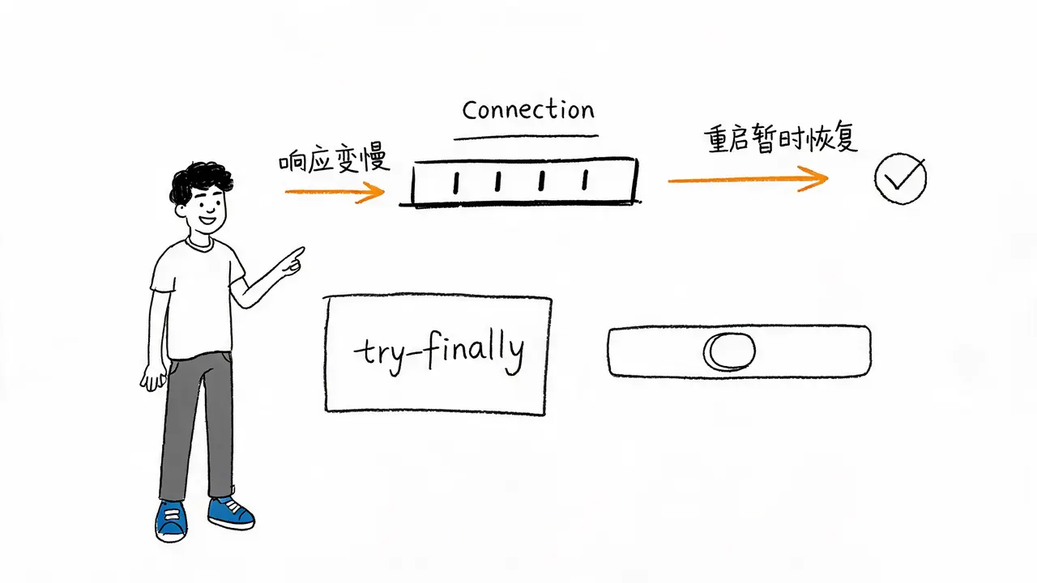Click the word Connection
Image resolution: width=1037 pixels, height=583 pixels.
pos(528,110)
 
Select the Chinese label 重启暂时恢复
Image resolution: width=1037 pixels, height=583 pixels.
pos(781,138)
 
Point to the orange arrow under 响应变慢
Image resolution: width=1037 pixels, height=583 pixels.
pos(335,192)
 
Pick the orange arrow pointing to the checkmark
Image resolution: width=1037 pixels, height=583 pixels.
pos(748,180)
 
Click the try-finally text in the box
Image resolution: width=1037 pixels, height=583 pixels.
pos(439,352)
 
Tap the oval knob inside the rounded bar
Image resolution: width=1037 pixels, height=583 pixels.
pos(730,351)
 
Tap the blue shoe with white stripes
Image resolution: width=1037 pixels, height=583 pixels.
pos(171,521)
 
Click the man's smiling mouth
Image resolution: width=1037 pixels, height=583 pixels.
pos(207,219)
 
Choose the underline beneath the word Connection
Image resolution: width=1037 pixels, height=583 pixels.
pos(526,137)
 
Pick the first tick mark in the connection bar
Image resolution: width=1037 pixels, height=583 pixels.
pos(456,183)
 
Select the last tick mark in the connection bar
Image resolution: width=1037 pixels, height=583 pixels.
pos(585,180)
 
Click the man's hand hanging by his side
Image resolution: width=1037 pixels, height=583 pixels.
pos(153,378)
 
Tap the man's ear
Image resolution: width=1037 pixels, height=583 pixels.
pos(180,211)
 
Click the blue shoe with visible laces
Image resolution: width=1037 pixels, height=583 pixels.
pos(231,513)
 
